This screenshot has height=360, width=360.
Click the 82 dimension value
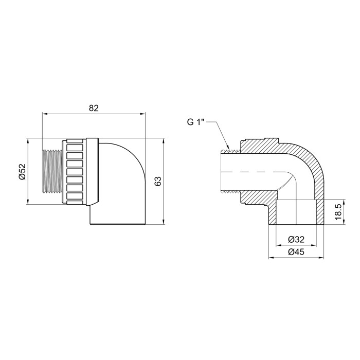pyautogui.click(x=94, y=108)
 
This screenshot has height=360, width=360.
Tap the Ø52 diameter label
pyautogui.click(x=23, y=171)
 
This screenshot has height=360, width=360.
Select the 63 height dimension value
pyautogui.click(x=158, y=181)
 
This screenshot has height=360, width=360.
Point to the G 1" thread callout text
pyautogui.click(x=195, y=122)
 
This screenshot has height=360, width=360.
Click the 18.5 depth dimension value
pyautogui.click(x=338, y=212)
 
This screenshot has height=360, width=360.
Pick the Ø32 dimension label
pyautogui.click(x=296, y=240)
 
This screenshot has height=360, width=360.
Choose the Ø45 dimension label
pyautogui.click(x=296, y=252)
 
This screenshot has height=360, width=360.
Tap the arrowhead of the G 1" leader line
pyautogui.click(x=228, y=147)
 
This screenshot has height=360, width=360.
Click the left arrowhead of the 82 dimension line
pyautogui.click(x=45, y=114)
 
